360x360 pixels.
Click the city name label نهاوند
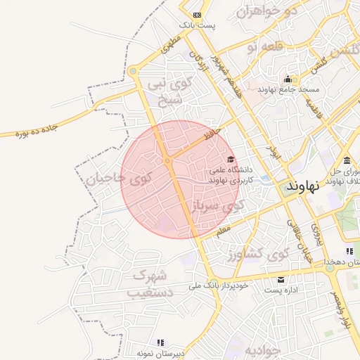303,186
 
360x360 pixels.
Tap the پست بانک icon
197,15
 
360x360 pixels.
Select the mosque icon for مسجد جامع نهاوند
287,79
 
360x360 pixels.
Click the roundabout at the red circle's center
167,161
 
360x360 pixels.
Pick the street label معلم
223,231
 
